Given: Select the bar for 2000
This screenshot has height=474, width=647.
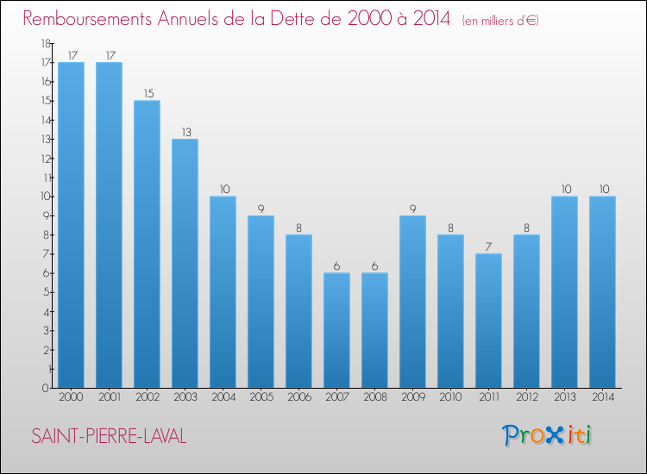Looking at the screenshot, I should point(71,225).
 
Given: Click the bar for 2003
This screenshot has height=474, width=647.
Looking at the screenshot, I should point(185,263).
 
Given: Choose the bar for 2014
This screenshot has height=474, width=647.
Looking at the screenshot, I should point(602,292).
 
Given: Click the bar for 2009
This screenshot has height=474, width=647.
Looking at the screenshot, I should point(412,302).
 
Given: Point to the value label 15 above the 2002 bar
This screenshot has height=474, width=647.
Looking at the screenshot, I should point(147,93).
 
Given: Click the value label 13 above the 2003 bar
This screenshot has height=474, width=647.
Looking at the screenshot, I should point(185,132).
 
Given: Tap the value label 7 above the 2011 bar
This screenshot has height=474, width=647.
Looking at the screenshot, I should point(488,246).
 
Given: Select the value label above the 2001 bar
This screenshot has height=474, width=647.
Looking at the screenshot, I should point(109,55).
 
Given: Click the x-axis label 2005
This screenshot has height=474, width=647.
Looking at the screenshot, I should point(261,397).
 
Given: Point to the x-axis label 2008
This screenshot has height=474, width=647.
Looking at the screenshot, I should point(374,397).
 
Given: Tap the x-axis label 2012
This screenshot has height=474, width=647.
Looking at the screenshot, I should point(526,397).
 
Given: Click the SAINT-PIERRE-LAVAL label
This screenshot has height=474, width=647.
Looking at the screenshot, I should point(109,436).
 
